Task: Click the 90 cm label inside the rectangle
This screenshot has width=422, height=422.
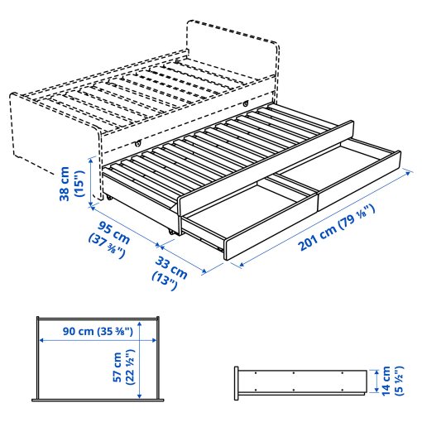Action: pos(83,332)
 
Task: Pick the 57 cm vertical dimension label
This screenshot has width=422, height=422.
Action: pos(118,365)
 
